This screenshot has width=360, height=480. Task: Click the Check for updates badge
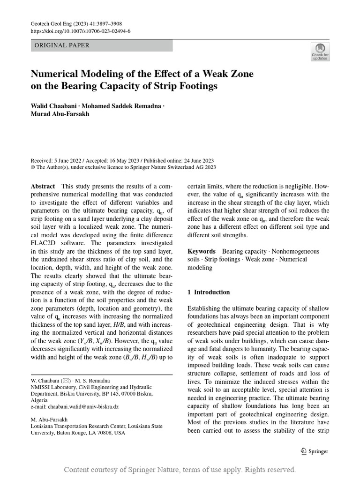coord(320,52)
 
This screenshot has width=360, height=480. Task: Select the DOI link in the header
coord(80,31)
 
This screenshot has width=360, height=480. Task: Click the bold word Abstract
coord(43,186)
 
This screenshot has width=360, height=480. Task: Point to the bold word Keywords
coord(202,251)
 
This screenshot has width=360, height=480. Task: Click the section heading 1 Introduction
coord(209,292)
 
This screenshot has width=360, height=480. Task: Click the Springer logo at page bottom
coord(314,451)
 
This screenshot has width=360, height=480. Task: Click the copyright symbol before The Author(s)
coord(33,167)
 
